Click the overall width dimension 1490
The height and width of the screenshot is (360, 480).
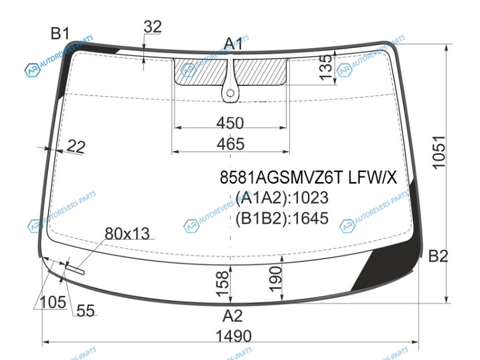tap(233, 336)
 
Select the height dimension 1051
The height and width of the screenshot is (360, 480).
tap(439, 152)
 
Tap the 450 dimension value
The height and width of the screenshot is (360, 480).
tap(230, 123)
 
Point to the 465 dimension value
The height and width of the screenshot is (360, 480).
tap(230, 144)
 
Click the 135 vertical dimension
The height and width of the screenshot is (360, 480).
tap(325, 67)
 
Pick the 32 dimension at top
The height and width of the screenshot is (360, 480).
tap(152, 26)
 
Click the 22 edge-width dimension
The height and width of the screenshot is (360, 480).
tap(76, 146)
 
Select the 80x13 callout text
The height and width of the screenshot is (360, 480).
tap(127, 233)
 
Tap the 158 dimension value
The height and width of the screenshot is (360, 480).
tap(223, 284)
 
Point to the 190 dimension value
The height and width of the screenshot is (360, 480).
tap(275, 279)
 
